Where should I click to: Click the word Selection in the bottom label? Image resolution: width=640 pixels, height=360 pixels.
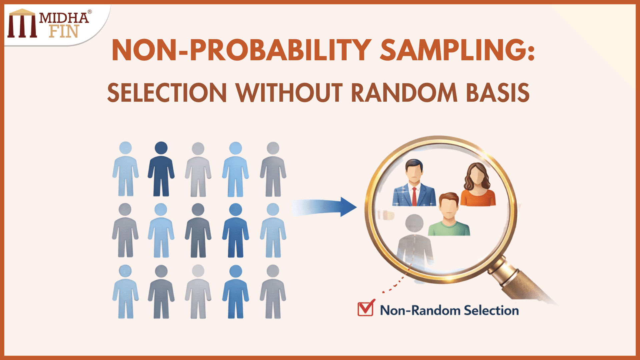(491, 311)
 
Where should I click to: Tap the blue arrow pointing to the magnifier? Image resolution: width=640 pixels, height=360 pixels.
(325, 207)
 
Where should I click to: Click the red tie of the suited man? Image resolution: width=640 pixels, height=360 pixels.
(414, 196)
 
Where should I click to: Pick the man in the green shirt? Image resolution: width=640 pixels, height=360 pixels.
(449, 215)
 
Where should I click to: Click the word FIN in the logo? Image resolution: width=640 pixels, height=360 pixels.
(64, 31)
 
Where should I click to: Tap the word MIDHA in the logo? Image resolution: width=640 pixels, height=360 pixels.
(64, 18)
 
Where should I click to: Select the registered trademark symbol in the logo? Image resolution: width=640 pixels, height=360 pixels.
(90, 12)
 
